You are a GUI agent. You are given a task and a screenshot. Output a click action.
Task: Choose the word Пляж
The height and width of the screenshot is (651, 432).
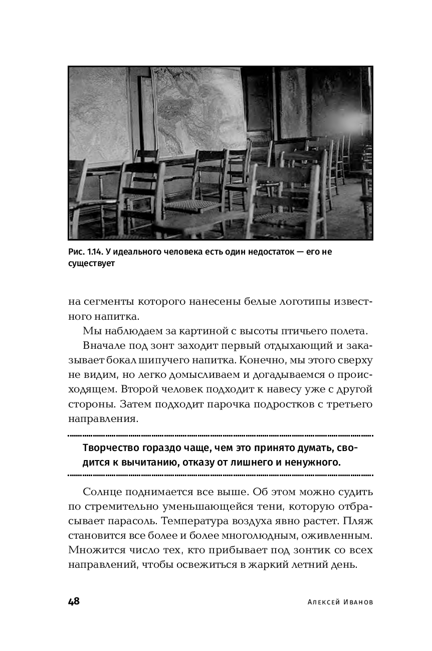coord(356,521)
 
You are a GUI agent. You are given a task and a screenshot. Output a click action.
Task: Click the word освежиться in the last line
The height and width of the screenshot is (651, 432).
coord(221,565)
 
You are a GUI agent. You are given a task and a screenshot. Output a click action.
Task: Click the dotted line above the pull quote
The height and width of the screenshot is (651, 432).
coord(221,436)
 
